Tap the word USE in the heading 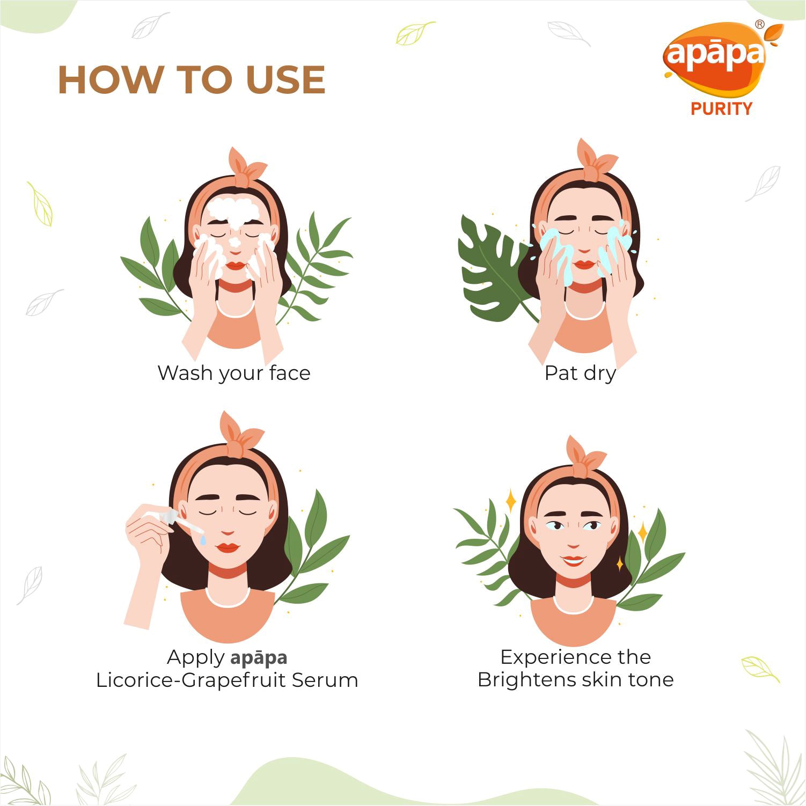click(285, 80)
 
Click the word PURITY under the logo click(721, 109)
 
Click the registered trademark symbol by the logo click(759, 24)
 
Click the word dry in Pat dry click(600, 373)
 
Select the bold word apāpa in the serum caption click(259, 658)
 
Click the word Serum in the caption click(325, 680)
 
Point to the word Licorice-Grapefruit click(191, 680)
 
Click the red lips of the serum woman click(228, 547)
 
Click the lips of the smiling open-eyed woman click(574, 561)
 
